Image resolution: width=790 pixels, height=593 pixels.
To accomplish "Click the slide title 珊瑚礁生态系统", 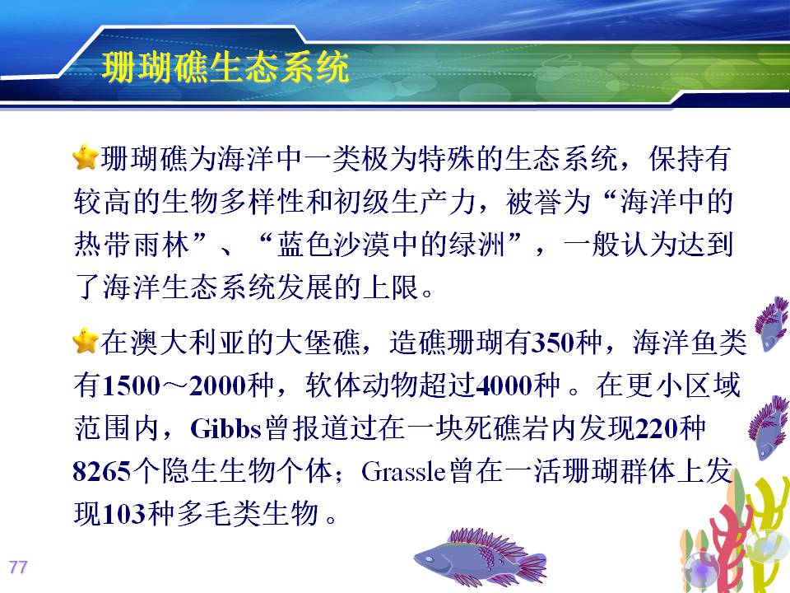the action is coord(225,67).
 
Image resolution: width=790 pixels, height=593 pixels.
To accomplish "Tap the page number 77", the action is coord(17,567).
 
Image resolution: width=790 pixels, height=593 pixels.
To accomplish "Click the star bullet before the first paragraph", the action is coord(85,157).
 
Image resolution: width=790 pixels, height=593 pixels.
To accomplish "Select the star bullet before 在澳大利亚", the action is coord(85,341).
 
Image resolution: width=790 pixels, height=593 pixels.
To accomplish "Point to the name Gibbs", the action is coord(225,429).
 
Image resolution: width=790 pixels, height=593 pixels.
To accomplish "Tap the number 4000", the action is coord(504,386).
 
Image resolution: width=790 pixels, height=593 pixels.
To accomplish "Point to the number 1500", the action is coord(131,386).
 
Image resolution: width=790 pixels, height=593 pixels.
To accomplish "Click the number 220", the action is coord(656,429).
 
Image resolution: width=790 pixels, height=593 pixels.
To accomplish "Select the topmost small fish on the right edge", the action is coord(771,323).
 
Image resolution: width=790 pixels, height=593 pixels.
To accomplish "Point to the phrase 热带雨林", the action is coord(132,245).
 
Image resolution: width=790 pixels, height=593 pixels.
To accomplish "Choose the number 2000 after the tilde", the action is coord(218,386).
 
